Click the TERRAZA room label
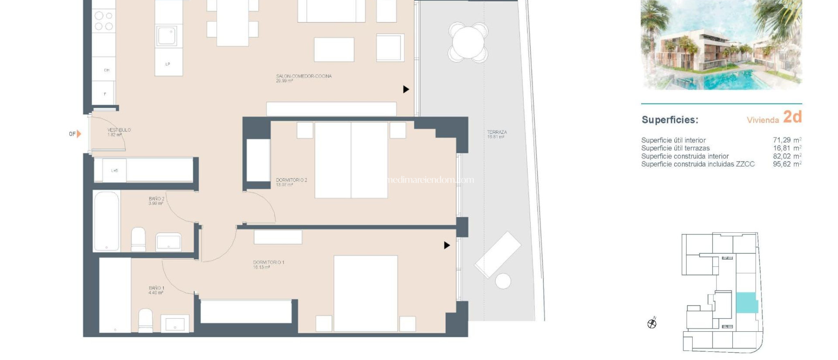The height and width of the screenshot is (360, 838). point(497,134)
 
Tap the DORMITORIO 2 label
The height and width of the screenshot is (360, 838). point(291,182)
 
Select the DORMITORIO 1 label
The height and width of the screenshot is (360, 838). point(268,264)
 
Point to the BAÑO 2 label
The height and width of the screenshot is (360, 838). point(156,201)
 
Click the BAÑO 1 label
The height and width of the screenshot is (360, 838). point(156,290)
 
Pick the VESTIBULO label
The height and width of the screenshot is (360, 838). point(119,132)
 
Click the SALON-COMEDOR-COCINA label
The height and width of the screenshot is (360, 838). point(304,78)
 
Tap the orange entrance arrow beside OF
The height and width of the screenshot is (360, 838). point(79,134)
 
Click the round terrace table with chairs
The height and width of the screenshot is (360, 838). point(468,42)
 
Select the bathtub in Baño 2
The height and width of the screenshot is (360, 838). point(106,221)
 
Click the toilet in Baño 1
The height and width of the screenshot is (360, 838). point(145,320)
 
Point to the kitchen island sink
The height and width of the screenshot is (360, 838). point(167,36)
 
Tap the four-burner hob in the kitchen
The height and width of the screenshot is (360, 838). point(104,21)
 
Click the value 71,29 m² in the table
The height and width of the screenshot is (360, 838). point(786,140)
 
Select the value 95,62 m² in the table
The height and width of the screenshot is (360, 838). point(786,164)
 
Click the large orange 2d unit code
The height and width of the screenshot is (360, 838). point(792,117)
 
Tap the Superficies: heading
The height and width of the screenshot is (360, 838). point(670,120)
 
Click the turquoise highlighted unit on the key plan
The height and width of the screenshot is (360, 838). point(746,303)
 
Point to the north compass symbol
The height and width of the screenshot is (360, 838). point(652,324)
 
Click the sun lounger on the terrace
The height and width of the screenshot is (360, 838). point(498,254)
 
